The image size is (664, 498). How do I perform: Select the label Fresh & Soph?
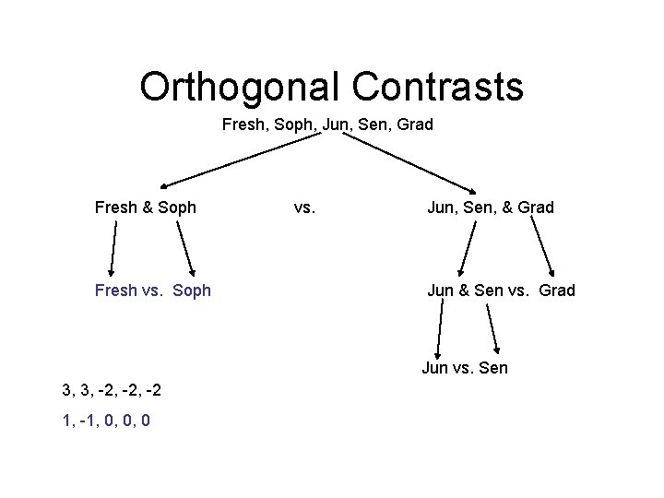tap(146, 207)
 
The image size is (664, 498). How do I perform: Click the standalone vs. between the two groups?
tap(304, 207)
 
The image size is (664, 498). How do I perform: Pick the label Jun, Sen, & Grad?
tap(490, 207)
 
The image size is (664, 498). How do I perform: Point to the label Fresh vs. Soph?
tap(153, 290)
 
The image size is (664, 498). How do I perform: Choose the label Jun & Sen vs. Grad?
tap(501, 290)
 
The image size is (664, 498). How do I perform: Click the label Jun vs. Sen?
tap(465, 369)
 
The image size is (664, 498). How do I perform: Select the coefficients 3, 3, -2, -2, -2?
tap(113, 390)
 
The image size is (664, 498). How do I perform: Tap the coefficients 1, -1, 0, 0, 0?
tap(107, 421)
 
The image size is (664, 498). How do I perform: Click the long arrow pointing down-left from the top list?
tap(243, 160)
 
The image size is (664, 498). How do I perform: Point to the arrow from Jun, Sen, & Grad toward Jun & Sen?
tap(468, 247)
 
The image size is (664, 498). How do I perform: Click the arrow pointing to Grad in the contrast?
tap(543, 247)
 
